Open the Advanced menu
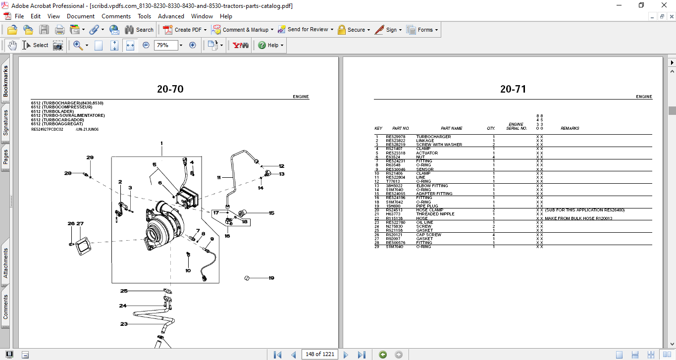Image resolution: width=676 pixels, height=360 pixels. (x=171, y=16)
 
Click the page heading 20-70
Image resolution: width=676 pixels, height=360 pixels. (x=170, y=90)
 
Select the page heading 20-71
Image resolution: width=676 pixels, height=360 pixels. (x=513, y=90)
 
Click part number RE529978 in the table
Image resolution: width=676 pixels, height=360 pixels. (x=395, y=137)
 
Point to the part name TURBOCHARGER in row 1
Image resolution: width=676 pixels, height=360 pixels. (x=433, y=137)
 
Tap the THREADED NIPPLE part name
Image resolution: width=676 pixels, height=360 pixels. (x=435, y=214)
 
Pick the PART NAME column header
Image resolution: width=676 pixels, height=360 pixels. (x=451, y=128)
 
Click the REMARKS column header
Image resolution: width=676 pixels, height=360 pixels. (x=570, y=128)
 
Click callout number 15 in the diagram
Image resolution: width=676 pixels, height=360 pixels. (x=271, y=213)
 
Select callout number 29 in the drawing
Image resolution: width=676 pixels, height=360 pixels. (x=90, y=157)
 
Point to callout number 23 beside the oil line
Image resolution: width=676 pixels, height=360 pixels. (x=124, y=324)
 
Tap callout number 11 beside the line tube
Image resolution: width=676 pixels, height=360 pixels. (x=218, y=177)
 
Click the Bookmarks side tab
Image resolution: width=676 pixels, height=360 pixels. (x=5, y=82)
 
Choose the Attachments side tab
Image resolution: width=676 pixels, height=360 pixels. (x=5, y=262)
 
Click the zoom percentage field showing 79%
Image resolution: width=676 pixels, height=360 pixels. (x=165, y=45)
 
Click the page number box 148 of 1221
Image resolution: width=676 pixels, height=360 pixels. (x=320, y=354)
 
